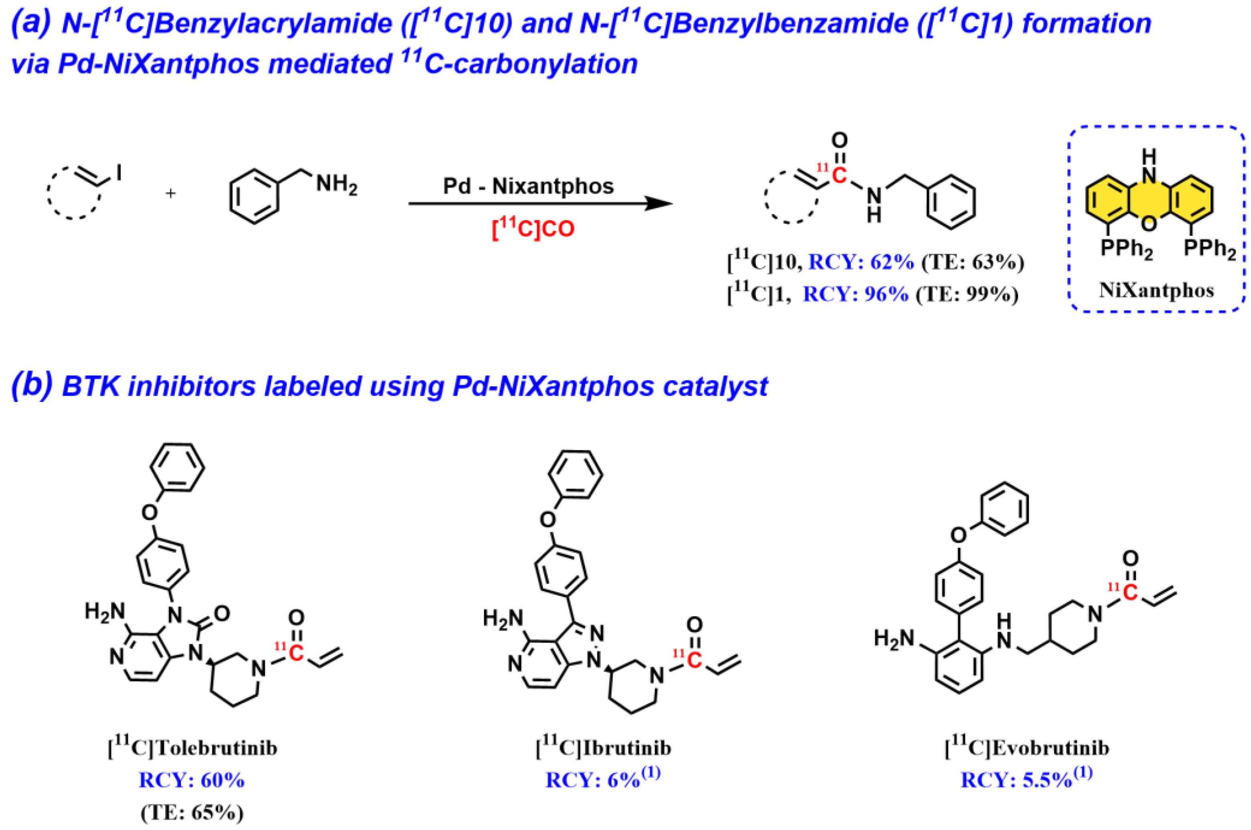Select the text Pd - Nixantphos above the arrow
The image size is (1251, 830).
(528, 186)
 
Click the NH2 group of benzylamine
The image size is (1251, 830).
(337, 185)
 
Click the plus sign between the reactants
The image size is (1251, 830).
(170, 194)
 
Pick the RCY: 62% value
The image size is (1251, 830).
(861, 262)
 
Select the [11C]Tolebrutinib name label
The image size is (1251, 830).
(193, 748)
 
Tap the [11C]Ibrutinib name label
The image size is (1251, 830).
(603, 747)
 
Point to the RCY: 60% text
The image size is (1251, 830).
(192, 780)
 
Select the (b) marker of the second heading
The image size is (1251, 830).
(32, 386)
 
